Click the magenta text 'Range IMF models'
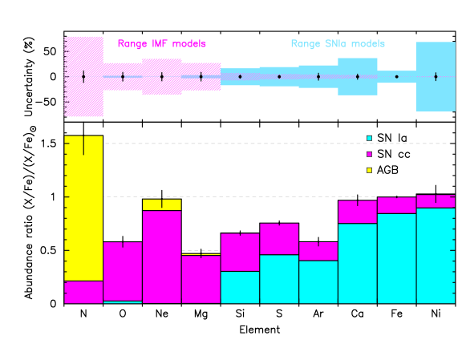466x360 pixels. tap(161, 44)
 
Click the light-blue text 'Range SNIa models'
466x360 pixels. tap(337, 44)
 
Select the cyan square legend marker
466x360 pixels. tap(369, 138)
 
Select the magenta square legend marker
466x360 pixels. tap(369, 154)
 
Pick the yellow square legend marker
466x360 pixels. tap(369, 170)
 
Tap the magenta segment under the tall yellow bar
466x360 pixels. tap(83, 292)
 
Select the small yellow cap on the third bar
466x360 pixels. tap(162, 205)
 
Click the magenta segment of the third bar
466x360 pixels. tap(162, 257)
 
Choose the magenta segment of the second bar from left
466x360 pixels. tap(123, 271)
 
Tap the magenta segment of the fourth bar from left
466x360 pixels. tap(201, 279)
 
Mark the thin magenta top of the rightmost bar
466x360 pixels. tap(436, 201)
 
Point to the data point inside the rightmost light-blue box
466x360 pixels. tap(436, 77)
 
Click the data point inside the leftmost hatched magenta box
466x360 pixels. tap(83, 77)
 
